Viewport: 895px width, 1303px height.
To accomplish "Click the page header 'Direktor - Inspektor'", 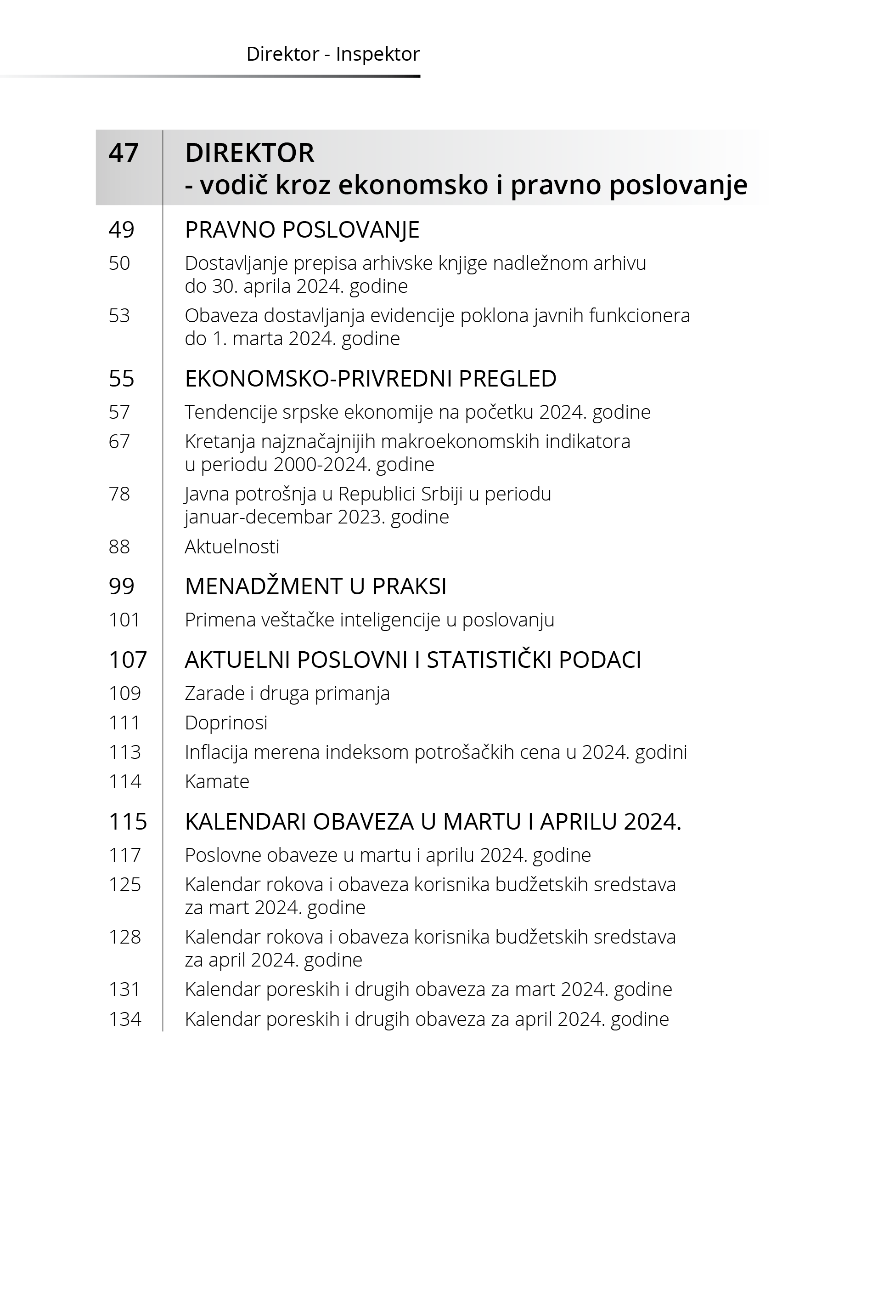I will [332, 54].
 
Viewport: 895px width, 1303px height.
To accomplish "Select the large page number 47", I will [124, 153].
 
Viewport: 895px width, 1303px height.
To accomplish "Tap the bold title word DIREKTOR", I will [249, 153].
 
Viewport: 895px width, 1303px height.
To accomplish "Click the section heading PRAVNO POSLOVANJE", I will [302, 230].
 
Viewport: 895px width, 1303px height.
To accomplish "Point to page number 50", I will [119, 263].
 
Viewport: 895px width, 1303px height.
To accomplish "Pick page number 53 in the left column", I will [119, 316].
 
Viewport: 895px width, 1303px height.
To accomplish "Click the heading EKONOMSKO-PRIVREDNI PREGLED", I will [370, 379].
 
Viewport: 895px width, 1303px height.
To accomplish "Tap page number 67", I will [119, 442].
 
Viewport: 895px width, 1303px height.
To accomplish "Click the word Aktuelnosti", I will [231, 546].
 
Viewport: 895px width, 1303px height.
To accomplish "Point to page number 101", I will [124, 620].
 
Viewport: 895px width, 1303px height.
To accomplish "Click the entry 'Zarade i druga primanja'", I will [287, 694].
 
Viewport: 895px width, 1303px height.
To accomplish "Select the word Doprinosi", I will [226, 723].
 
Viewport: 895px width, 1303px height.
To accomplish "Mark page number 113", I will [124, 752].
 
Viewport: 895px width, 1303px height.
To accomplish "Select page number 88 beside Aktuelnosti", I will [119, 546].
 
